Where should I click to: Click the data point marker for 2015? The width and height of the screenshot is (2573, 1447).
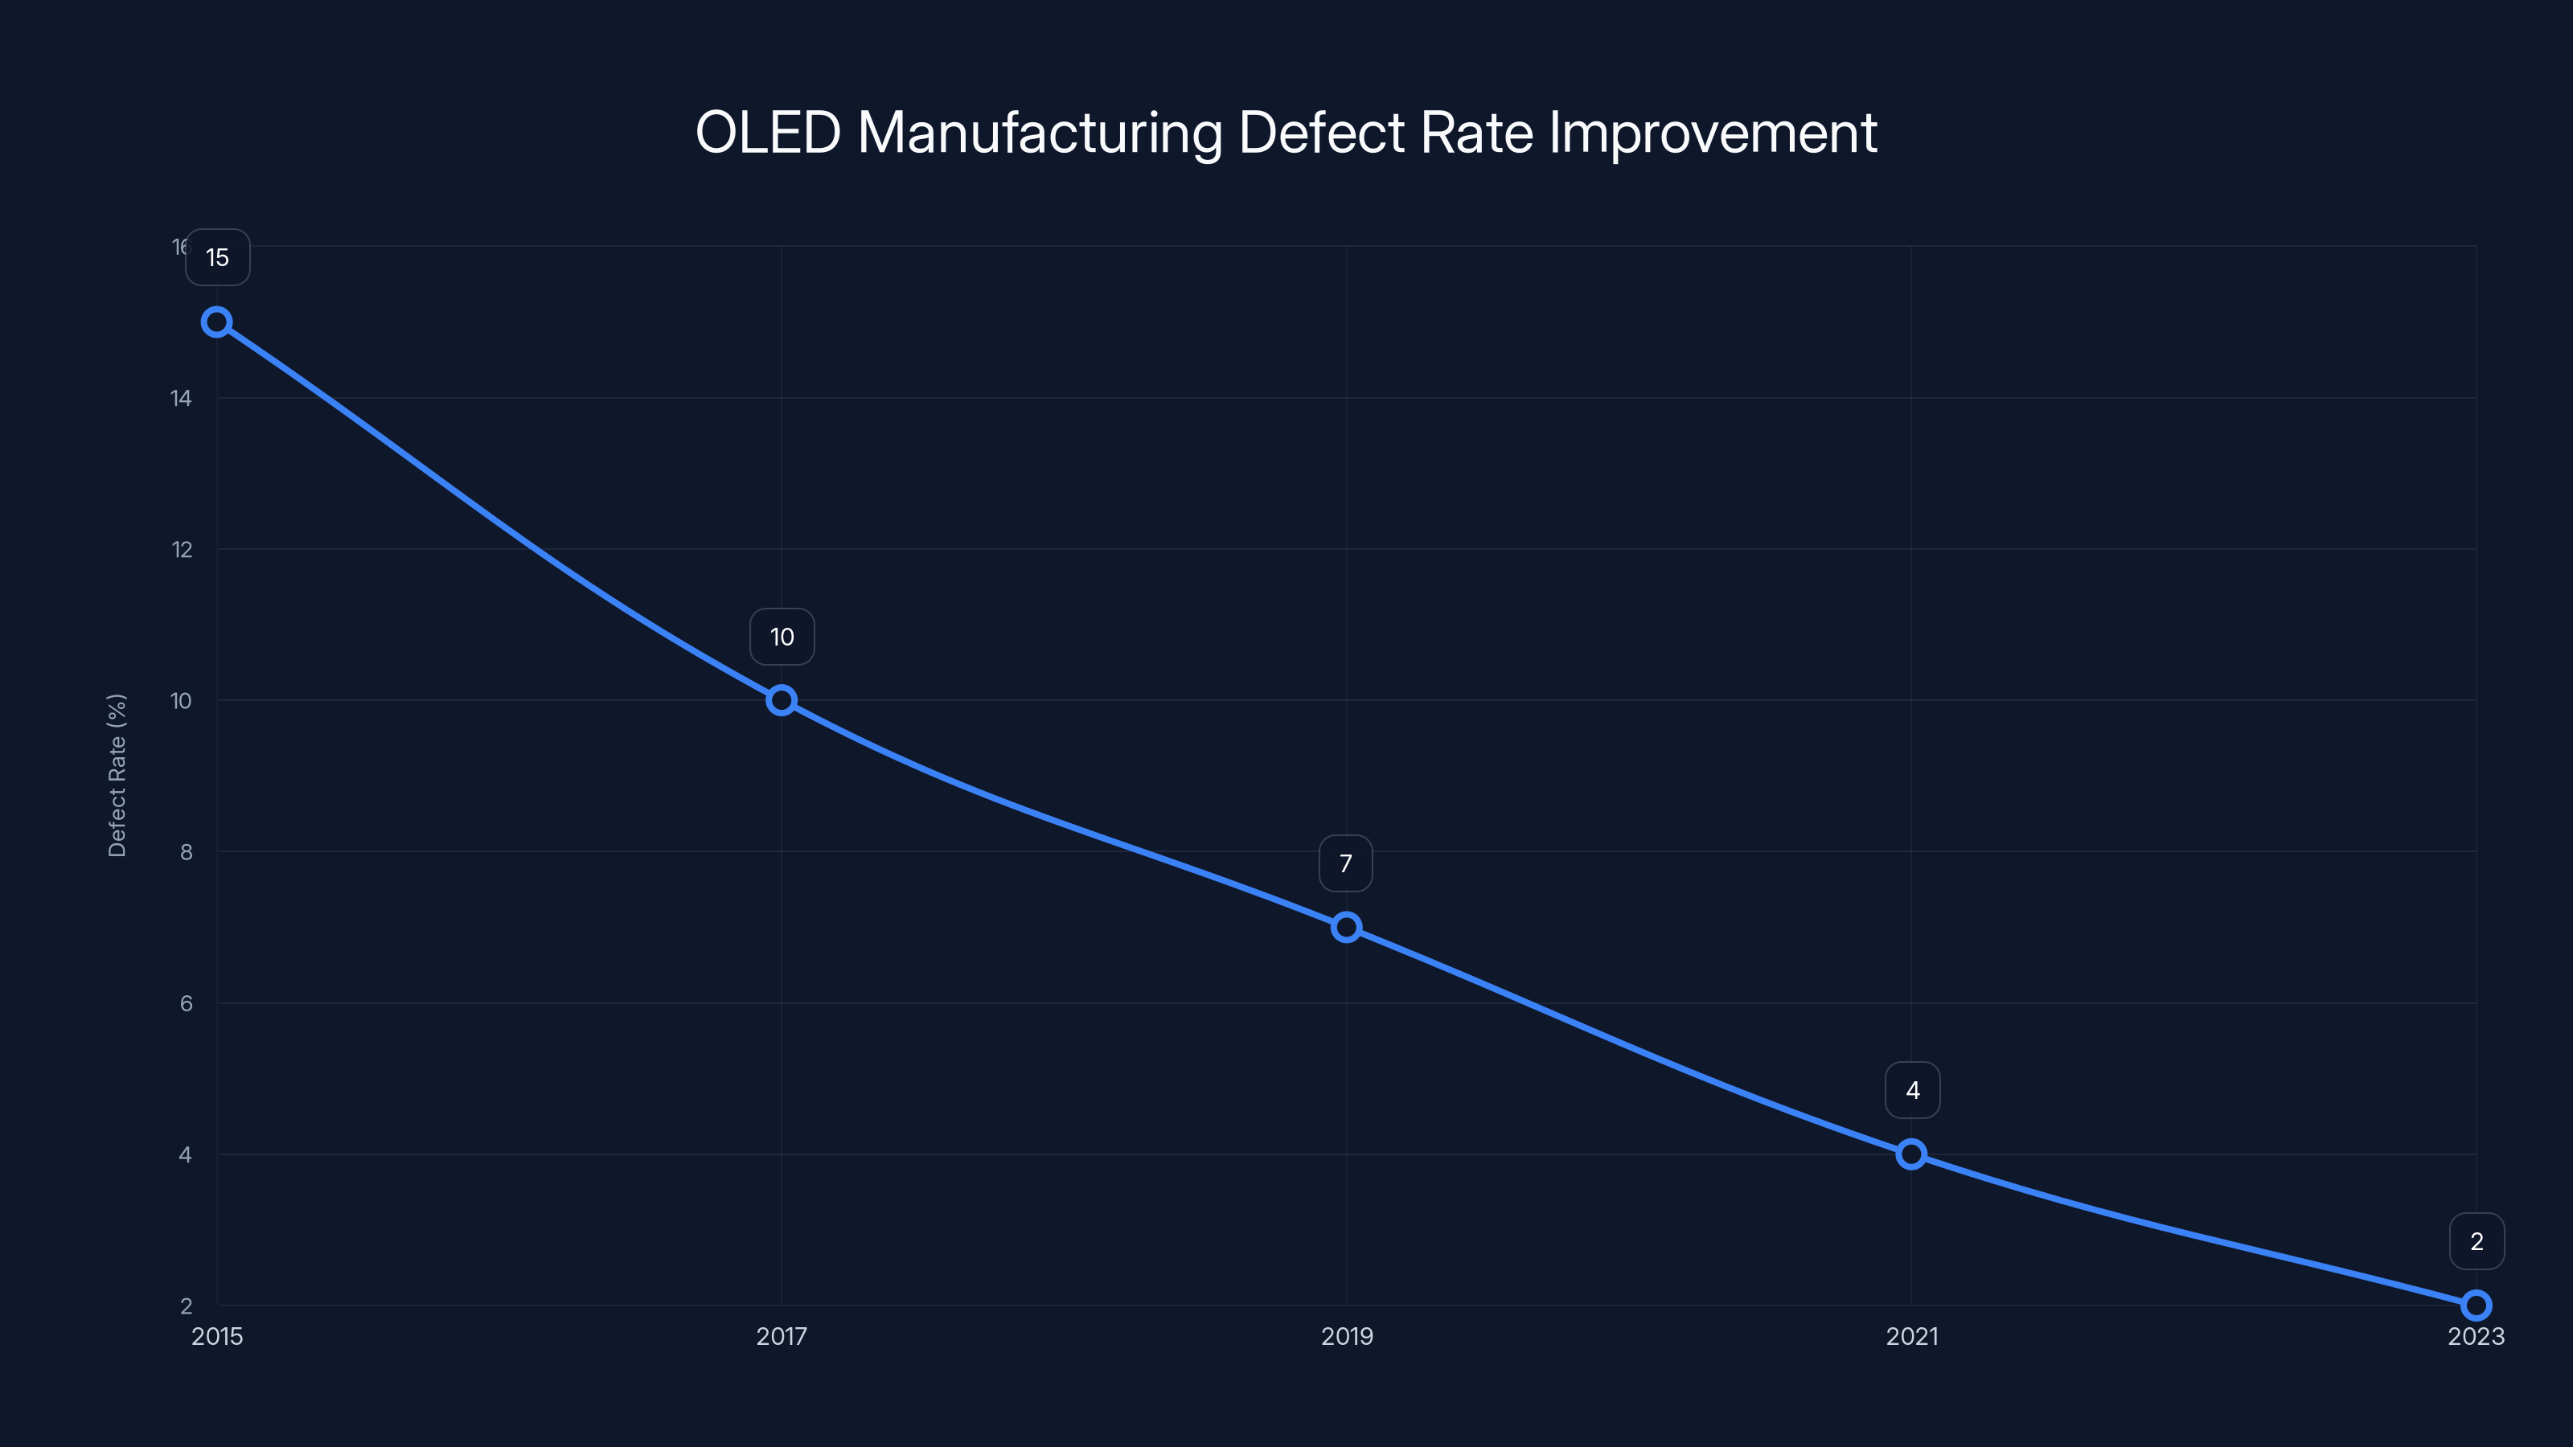click(x=217, y=322)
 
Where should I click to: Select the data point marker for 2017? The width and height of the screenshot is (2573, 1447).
click(x=781, y=700)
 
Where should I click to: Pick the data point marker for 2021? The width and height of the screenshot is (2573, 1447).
click(x=1910, y=1154)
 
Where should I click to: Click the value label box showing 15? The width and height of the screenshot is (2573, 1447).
click(x=217, y=257)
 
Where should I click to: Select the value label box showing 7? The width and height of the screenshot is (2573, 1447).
click(x=1345, y=864)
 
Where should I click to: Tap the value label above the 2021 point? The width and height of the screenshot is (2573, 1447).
click(x=1912, y=1091)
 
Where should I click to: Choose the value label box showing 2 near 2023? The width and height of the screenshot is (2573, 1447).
click(x=2477, y=1241)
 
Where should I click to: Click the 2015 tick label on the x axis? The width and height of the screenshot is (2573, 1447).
click(x=217, y=1336)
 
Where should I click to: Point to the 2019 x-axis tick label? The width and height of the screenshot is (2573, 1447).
click(x=1347, y=1336)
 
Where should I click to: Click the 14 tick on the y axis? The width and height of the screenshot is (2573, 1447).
click(x=181, y=399)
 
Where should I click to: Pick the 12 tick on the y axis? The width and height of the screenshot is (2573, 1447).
click(x=181, y=549)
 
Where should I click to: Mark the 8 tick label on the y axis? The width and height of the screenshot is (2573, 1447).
click(x=186, y=852)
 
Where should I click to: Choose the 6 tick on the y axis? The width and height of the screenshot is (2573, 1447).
click(x=186, y=1003)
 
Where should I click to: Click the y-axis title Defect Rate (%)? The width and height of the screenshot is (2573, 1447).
click(x=117, y=775)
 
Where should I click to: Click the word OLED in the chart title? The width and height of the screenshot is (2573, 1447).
click(x=767, y=133)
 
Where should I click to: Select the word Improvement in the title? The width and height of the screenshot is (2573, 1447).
click(x=1712, y=133)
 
